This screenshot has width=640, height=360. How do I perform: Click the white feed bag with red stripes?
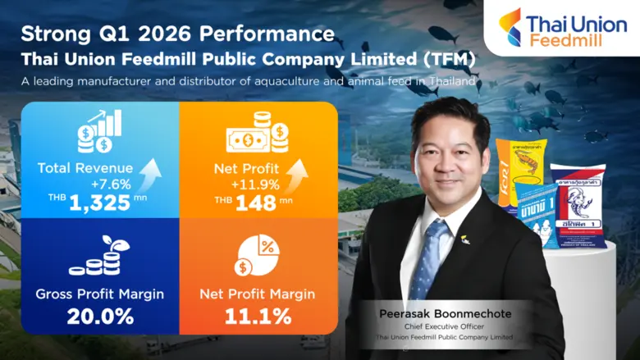point(578,205)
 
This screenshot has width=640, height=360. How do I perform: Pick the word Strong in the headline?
point(53,34)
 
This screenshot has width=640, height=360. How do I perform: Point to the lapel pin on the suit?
point(465,240)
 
